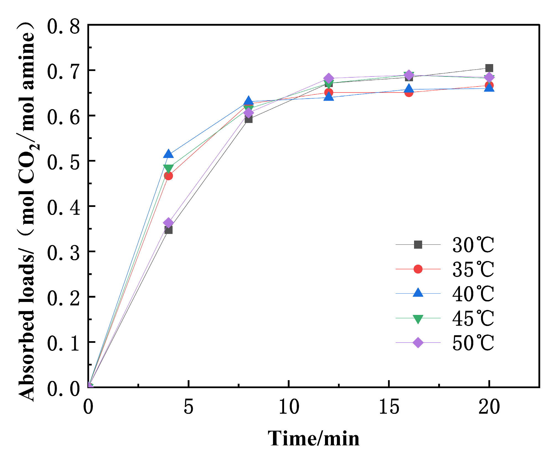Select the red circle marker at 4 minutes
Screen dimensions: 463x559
coord(168,176)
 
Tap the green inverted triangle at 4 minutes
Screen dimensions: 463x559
coord(168,168)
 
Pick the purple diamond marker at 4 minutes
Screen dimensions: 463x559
coord(168,223)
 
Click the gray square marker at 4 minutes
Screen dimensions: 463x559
coord(168,230)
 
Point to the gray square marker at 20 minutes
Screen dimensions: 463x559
coord(489,68)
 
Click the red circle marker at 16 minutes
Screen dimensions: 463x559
coord(409,93)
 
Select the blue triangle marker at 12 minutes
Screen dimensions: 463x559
coord(329,97)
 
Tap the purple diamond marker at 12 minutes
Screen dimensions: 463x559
coord(329,78)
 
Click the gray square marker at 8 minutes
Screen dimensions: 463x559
coord(248,119)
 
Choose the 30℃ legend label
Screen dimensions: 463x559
coord(473,245)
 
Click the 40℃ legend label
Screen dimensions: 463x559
coord(473,294)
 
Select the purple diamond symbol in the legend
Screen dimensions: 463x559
coord(418,343)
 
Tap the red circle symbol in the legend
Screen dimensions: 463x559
coord(418,269)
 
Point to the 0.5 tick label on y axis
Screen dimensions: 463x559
coord(63,162)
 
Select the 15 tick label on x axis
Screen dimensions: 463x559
coord(389,407)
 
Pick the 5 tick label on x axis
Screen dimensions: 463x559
coord(188,407)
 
